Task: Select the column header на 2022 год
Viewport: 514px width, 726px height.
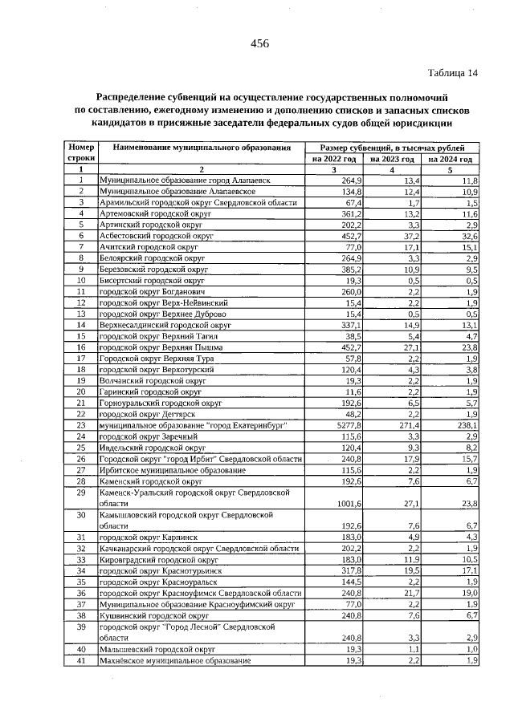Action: tap(335, 160)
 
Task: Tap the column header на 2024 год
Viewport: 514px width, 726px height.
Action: tap(451, 160)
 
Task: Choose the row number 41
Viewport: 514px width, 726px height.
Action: tap(80, 660)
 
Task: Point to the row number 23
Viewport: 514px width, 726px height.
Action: tap(80, 424)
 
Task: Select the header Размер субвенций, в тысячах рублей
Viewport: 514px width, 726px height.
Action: tap(393, 148)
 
